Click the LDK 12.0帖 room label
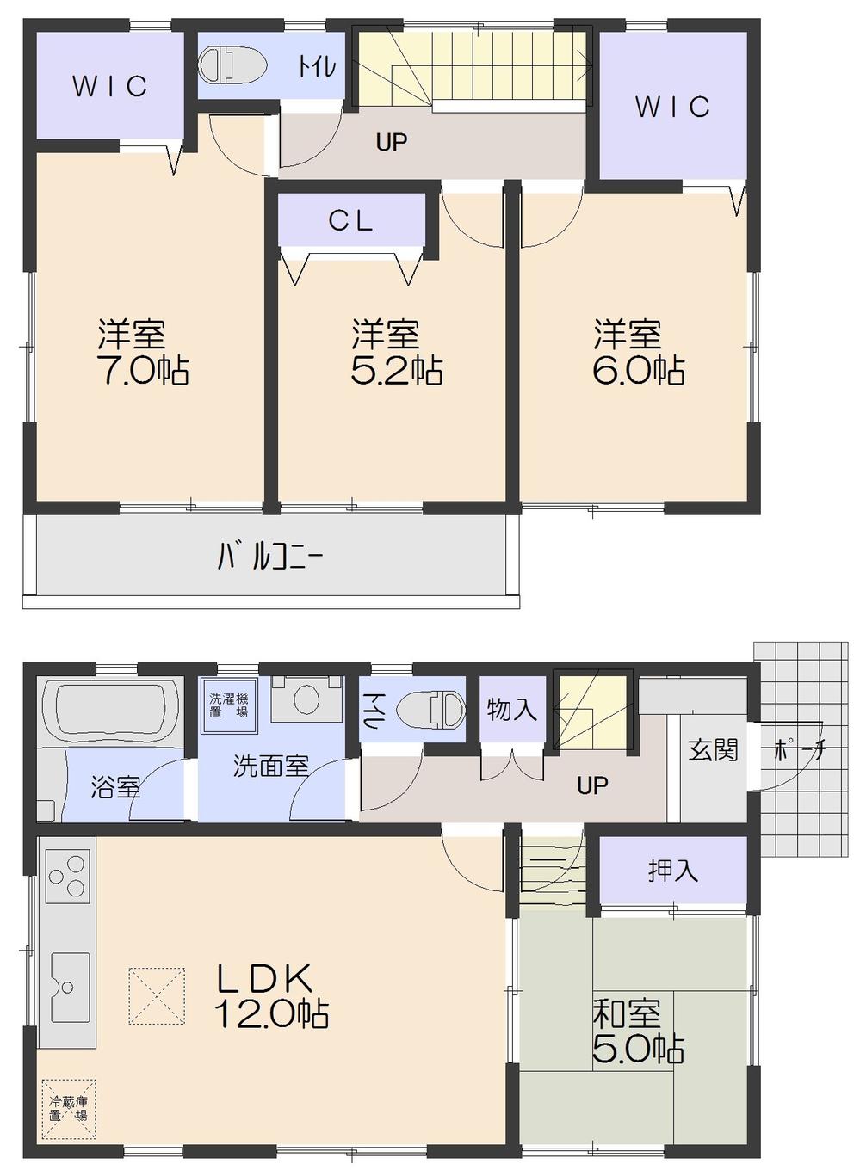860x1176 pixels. [x=271, y=996]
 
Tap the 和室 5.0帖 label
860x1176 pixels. [x=638, y=1032]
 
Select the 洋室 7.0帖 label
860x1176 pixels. [x=143, y=352]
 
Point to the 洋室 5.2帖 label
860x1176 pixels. [x=396, y=352]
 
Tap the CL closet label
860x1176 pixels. [x=350, y=221]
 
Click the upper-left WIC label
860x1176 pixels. [x=109, y=86]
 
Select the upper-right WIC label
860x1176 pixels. [x=672, y=107]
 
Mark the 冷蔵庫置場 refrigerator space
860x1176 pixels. [x=68, y=1109]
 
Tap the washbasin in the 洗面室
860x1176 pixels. [x=306, y=698]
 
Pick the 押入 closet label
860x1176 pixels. [x=672, y=871]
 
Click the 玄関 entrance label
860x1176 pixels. [x=713, y=750]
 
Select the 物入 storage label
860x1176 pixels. [x=511, y=710]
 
